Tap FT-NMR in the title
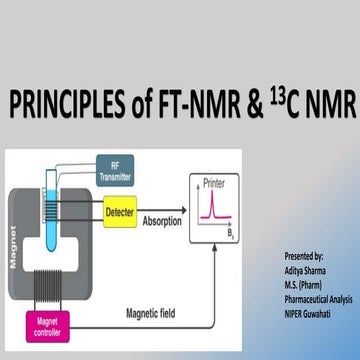[x=201, y=103]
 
